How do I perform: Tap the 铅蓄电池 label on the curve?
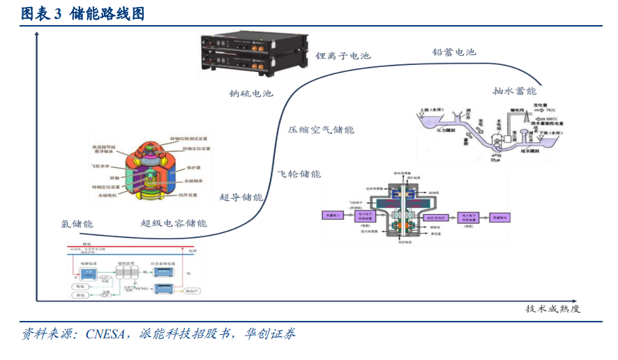[x=454, y=52]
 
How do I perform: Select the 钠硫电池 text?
[x=251, y=93]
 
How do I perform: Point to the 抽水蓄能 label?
[x=514, y=91]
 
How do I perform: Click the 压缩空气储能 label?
[x=321, y=130]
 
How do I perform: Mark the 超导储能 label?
[x=241, y=197]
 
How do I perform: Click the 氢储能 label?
[x=77, y=223]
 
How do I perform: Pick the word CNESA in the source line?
[x=107, y=333]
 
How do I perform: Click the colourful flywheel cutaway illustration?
[x=149, y=172]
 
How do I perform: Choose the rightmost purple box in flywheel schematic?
[x=502, y=218]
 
